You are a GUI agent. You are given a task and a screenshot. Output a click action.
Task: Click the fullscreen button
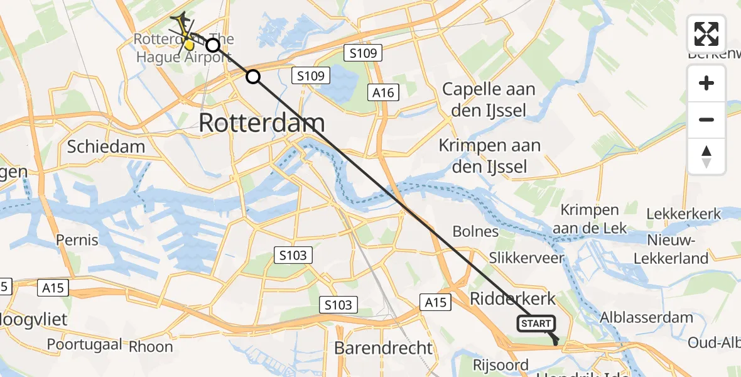pyautogui.click(x=706, y=34)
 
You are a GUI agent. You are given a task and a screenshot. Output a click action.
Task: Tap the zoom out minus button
pyautogui.click(x=706, y=119)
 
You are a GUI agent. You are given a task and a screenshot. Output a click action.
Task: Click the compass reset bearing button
pyautogui.click(x=706, y=156)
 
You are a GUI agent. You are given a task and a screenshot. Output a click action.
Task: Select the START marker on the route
pyautogui.click(x=536, y=324)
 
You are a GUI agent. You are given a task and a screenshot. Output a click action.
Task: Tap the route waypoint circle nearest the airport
pyautogui.click(x=213, y=45)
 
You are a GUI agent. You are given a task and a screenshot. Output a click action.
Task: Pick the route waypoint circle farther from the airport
pyautogui.click(x=252, y=77)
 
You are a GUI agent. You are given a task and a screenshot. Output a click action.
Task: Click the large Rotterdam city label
pyautogui.click(x=262, y=123)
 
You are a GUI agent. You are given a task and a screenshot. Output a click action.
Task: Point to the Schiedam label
pyautogui.click(x=105, y=146)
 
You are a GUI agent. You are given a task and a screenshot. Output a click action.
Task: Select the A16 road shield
pyautogui.click(x=383, y=93)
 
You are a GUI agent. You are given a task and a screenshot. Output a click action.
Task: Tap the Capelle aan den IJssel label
pyautogui.click(x=489, y=99)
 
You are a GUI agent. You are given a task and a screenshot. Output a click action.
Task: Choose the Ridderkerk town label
pyautogui.click(x=512, y=297)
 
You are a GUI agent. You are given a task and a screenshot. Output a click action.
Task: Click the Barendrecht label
pyautogui.click(x=384, y=348)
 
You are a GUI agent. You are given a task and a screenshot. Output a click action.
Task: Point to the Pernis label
pyautogui.click(x=77, y=239)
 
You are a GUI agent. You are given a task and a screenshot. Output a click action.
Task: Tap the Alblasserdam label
pyautogui.click(x=647, y=317)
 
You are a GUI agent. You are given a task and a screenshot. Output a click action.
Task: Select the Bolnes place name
pyautogui.click(x=475, y=231)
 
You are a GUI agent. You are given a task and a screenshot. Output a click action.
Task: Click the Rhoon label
pyautogui.click(x=151, y=346)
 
